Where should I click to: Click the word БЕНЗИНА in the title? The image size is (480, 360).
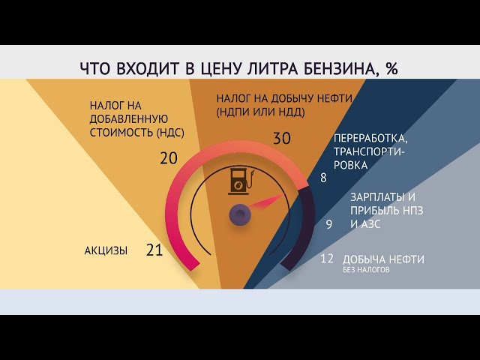coord(334,68)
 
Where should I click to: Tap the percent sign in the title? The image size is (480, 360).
coord(391,68)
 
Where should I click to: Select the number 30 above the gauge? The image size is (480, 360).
coord(281,138)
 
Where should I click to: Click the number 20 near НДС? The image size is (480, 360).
coord(169,157)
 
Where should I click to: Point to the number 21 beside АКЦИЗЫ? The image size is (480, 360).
coord(154,250)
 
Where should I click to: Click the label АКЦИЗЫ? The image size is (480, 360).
coord(106,250)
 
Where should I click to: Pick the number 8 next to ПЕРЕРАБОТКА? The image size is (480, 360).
coord(323,178)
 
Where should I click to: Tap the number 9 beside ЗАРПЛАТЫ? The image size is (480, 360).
coord(328,223)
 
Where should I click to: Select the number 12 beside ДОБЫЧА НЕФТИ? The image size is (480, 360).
coord(326,259)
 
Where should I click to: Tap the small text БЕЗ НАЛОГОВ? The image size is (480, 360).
coord(367,270)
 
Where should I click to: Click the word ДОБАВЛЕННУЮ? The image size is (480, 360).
coord(128,120)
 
